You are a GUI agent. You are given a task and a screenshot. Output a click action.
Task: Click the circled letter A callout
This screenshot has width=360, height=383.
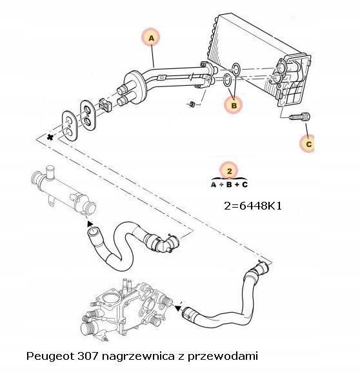click(x=152, y=39)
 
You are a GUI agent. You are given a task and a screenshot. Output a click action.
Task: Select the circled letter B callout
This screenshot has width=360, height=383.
click(x=234, y=103)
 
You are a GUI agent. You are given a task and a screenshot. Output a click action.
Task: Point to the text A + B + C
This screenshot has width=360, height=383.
click(x=229, y=184)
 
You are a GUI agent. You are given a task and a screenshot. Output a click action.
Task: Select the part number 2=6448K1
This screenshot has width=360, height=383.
click(x=252, y=207)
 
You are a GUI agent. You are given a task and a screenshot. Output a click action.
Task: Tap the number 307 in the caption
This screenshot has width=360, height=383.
click(x=87, y=355)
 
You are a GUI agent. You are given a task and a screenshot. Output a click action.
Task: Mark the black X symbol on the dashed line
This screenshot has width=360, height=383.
click(x=49, y=139)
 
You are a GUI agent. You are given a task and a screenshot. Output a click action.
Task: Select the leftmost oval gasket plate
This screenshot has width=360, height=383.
click(x=68, y=124)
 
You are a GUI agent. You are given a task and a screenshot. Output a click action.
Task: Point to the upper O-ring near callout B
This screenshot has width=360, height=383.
click(x=235, y=68)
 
